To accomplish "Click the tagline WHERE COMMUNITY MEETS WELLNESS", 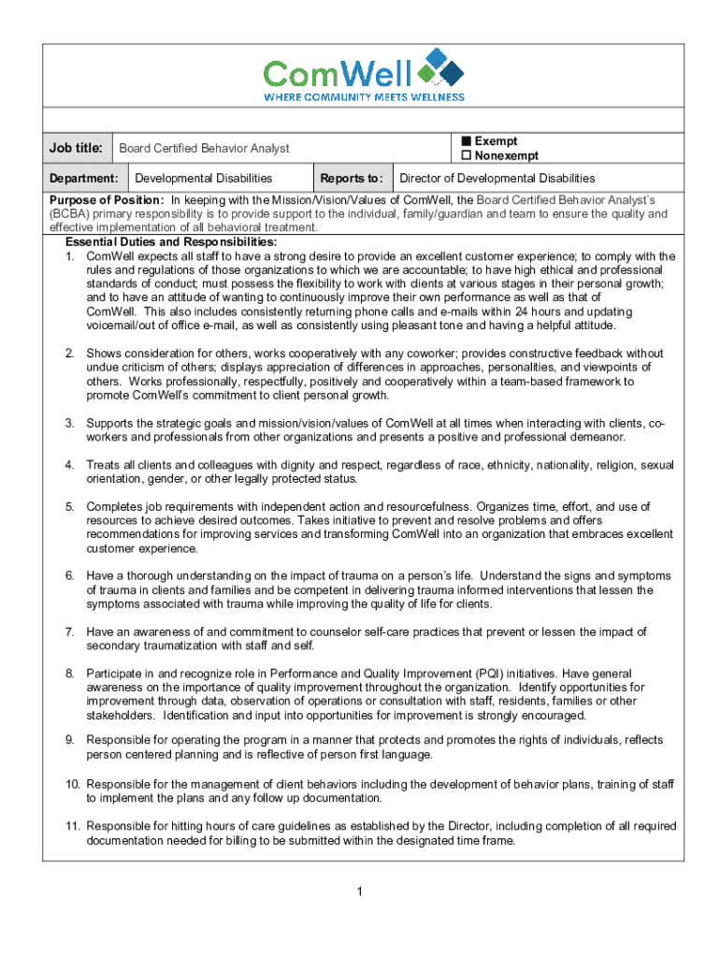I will pos(364,96).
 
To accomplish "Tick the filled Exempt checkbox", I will pos(465,141).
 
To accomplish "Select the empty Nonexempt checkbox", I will pos(465,155).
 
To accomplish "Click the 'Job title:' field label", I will pos(76,148).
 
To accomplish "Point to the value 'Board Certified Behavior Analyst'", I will pos(204,148).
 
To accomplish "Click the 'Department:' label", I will pos(83,178).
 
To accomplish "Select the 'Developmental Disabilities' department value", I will pos(204,178).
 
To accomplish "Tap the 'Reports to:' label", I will pos(351,178).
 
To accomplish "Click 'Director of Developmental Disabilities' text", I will pos(497,178).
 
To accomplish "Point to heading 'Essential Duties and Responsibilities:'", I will pos(164,242).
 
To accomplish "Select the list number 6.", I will pos(69,576).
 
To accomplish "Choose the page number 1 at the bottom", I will pos(359,890).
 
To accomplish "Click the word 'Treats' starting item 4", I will pos(103,465).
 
